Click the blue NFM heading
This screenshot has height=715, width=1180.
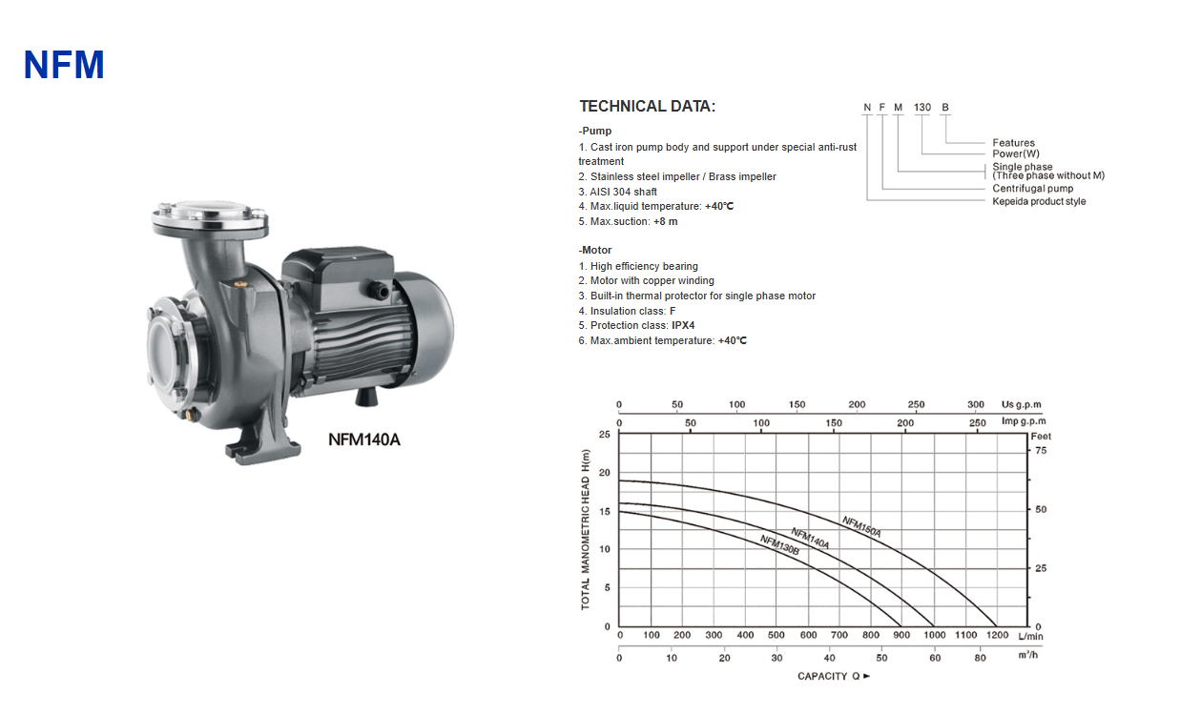point(64,65)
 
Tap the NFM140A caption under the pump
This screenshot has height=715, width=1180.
point(364,439)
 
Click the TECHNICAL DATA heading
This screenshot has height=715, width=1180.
point(648,107)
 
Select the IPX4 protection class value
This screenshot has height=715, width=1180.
point(683,325)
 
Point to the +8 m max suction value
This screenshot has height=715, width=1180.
point(665,222)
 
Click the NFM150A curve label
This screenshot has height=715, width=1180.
point(861,526)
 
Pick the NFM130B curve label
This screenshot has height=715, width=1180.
point(779,545)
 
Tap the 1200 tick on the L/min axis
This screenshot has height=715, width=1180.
point(997,635)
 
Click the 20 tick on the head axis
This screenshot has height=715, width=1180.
point(605,473)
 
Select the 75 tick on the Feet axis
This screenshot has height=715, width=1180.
point(1041,451)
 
